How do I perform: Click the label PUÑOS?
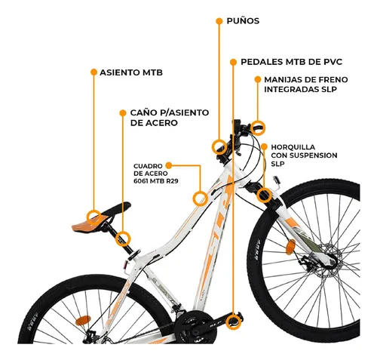pyautogui.click(x=243, y=21)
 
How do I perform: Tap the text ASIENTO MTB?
pyautogui.click(x=131, y=72)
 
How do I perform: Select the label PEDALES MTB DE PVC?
pyautogui.click(x=291, y=62)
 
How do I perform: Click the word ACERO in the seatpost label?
pyautogui.click(x=162, y=123)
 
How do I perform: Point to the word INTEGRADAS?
pyautogui.click(x=291, y=90)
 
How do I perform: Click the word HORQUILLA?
pyautogui.click(x=293, y=147)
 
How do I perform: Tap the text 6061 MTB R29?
pyautogui.click(x=156, y=181)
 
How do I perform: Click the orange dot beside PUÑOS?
pyautogui.click(x=219, y=21)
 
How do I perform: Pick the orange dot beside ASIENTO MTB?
pyautogui.click(x=93, y=72)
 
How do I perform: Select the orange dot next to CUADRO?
pyautogui.click(x=169, y=165)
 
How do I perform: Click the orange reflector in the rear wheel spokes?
pyautogui.click(x=83, y=320)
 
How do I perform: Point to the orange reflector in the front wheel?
pyautogui.click(x=291, y=247)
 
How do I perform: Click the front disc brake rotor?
pyautogui.click(x=326, y=262)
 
